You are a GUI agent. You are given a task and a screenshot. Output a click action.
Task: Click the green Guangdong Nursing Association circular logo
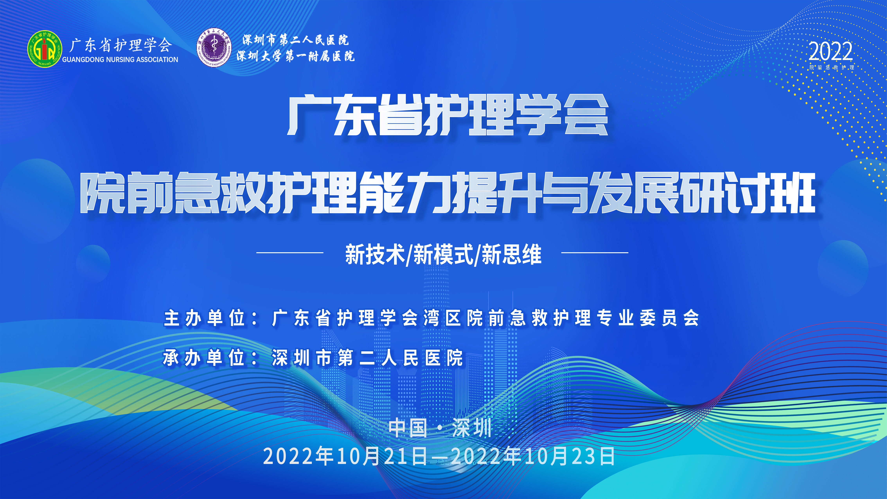click(45, 49)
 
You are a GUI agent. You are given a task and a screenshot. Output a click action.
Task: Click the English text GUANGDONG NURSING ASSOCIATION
click(120, 60)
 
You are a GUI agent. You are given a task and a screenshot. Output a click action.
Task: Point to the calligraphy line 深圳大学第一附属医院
click(295, 56)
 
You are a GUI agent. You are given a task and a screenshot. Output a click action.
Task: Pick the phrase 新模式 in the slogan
click(443, 254)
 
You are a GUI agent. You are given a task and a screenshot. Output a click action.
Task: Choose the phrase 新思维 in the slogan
click(512, 254)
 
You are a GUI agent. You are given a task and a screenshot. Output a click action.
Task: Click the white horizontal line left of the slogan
click(290, 252)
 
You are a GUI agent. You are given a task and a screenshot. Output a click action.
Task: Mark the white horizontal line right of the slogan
click(595, 252)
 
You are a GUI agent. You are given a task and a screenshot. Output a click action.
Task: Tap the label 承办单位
click(204, 358)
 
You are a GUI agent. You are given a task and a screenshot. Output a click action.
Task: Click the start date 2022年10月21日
click(345, 456)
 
